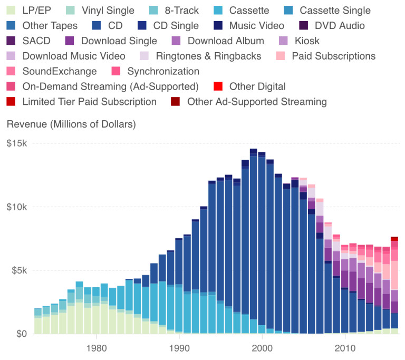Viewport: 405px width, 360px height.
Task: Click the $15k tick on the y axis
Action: click(17, 143)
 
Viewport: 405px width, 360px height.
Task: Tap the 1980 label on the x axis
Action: click(95, 348)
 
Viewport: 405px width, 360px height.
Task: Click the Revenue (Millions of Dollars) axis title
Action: click(71, 125)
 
